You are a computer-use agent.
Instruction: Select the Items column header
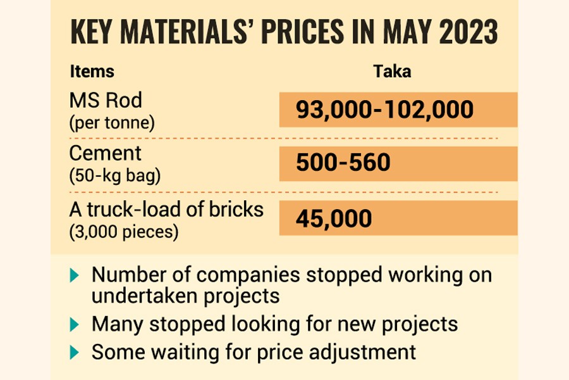92,72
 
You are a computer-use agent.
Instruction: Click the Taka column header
392,72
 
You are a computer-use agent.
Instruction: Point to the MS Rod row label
106,101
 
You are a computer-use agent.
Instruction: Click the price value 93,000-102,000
384,110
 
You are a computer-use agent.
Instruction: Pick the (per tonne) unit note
112,122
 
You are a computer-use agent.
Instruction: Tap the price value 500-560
343,163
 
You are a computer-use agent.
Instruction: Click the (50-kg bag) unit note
114,176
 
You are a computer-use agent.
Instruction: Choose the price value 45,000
334,218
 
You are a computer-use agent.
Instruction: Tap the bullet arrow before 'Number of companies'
75,275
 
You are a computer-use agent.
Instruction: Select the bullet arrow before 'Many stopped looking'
75,324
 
